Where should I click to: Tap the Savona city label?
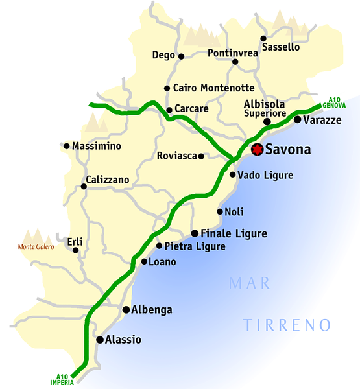coord(288,150)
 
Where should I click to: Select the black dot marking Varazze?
coord(297,119)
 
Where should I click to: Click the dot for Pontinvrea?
coord(235,62)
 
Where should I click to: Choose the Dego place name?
coord(163,55)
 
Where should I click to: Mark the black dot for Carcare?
coord(169,110)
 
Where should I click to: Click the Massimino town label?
coord(97,146)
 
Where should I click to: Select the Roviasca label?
coord(176,156)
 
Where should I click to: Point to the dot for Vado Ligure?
coord(233,174)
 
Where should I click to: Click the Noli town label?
coord(234,211)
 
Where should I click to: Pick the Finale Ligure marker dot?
coord(195,233)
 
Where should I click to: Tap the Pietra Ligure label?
coord(195,246)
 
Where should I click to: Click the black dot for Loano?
coord(144,262)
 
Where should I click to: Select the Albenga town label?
coord(152,310)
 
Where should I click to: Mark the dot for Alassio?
coord(100,339)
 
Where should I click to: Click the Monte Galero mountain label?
coord(36,246)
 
